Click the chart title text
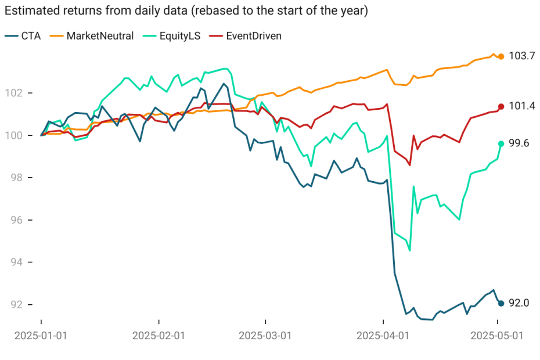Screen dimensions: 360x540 pos(186,12)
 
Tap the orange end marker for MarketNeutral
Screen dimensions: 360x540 pos(501,56)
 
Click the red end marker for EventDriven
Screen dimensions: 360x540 pos(501,106)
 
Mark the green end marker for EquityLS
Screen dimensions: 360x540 pos(501,143)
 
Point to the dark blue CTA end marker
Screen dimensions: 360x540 pos(501,303)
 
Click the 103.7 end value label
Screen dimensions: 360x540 pos(521,56)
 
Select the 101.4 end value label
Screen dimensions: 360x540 pos(521,106)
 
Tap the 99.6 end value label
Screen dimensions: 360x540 pos(520,143)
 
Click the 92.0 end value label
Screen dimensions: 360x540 pos(520,303)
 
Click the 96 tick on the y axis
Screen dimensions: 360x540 pos(17,220)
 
